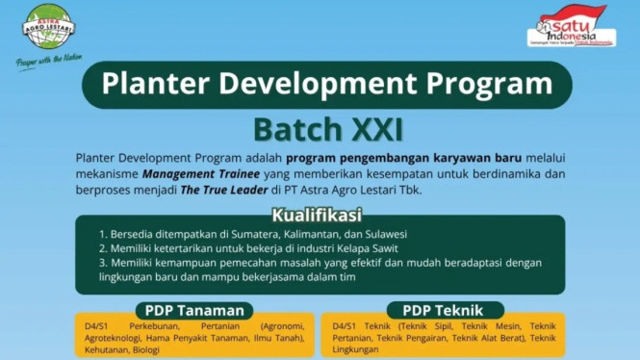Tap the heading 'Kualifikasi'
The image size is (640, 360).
317,214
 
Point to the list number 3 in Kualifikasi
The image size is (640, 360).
102,263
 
